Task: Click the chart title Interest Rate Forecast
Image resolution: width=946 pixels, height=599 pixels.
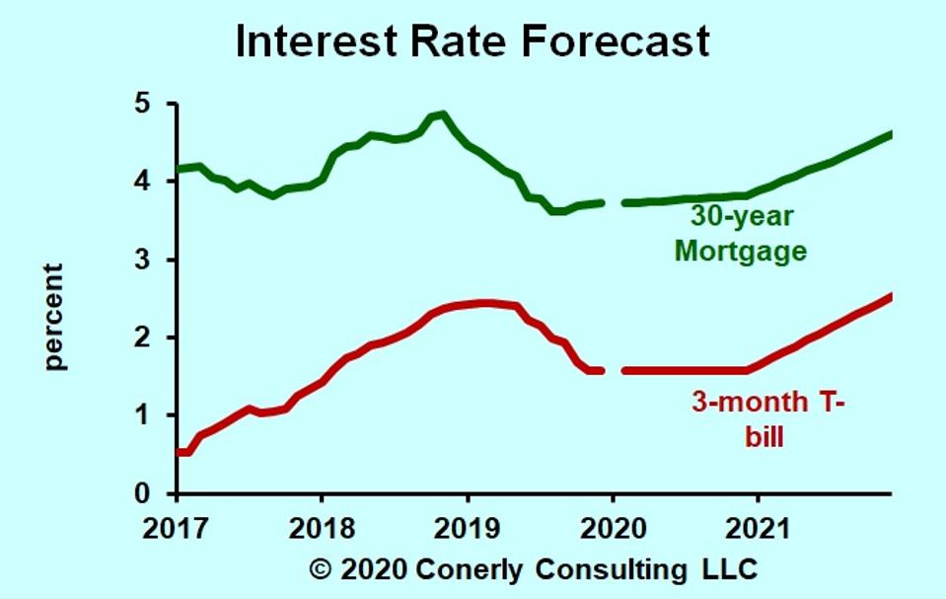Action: (473, 41)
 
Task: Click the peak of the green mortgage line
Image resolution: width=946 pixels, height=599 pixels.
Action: (442, 114)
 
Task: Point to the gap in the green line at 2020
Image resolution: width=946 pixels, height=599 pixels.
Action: (612, 203)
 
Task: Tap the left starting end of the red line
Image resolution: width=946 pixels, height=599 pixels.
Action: (180, 452)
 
